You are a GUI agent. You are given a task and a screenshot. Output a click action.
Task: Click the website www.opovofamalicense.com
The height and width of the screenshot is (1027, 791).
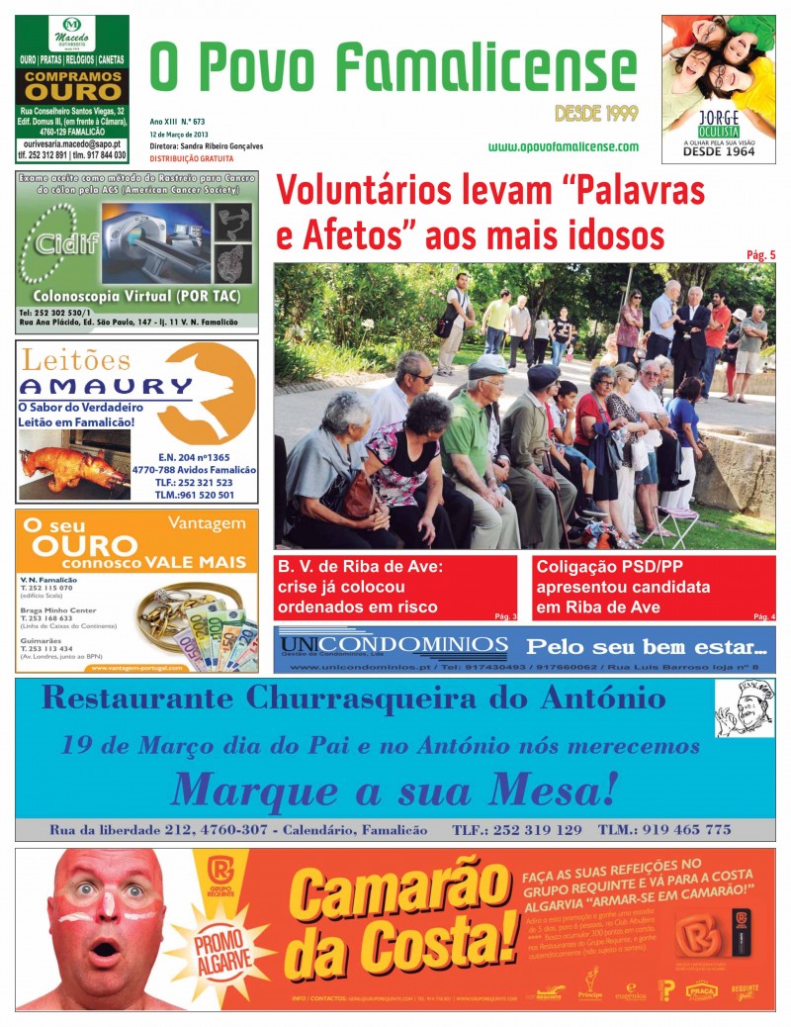click(x=563, y=146)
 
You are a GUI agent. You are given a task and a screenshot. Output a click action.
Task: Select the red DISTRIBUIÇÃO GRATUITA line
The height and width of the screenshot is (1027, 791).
click(x=192, y=158)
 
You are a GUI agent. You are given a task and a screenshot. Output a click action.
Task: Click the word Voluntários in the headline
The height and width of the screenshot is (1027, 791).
click(x=370, y=191)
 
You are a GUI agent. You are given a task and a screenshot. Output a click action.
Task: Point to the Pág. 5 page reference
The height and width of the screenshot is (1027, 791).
click(x=760, y=255)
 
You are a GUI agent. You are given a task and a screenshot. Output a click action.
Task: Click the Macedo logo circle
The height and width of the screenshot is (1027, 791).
click(x=71, y=26)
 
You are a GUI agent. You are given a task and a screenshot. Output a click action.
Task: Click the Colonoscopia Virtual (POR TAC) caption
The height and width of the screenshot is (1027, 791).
click(x=137, y=295)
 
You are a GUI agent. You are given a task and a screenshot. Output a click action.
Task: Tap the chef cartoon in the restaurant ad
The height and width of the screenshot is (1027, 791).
click(x=743, y=708)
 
